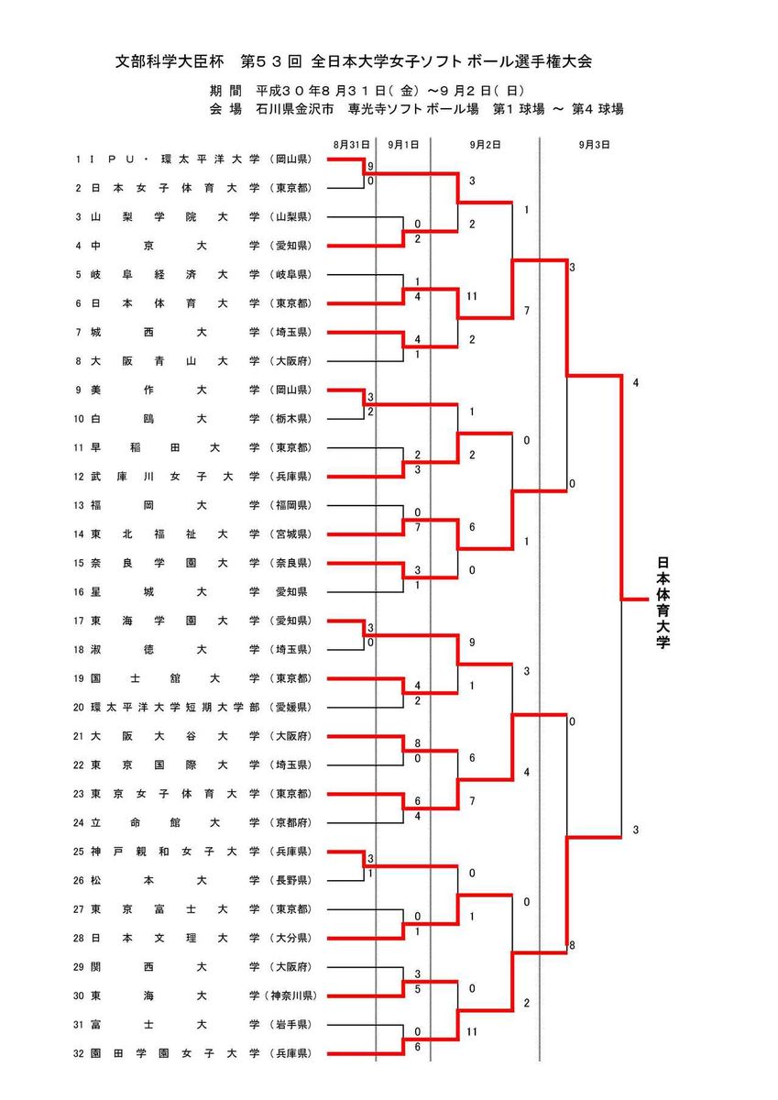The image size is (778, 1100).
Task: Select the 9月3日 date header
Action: click(x=595, y=144)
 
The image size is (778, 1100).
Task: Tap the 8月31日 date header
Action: click(x=351, y=144)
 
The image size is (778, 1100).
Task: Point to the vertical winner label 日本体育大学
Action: click(x=663, y=601)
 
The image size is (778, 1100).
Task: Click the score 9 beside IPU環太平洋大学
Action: click(x=370, y=167)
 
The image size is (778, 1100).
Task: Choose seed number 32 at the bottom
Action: click(x=80, y=1053)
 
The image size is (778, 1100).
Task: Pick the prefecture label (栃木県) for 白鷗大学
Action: click(x=291, y=418)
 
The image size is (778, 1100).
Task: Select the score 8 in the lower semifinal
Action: click(x=572, y=944)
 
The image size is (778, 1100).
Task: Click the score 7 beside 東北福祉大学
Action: click(x=417, y=528)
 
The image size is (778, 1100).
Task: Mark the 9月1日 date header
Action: click(x=403, y=144)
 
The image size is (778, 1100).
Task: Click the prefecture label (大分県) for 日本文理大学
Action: click(x=291, y=938)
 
